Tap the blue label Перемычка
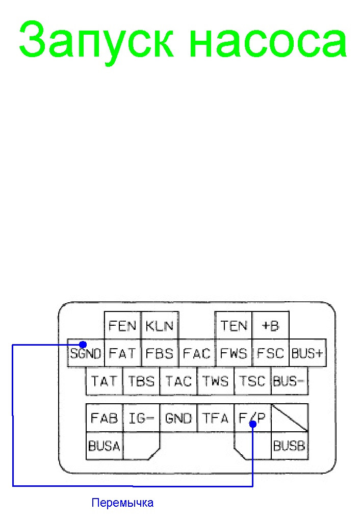(x=122, y=503)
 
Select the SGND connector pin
(x=86, y=353)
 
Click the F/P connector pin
(x=252, y=419)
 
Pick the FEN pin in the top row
(x=122, y=325)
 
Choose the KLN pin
(x=160, y=325)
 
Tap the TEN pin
(x=234, y=325)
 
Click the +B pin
(x=270, y=325)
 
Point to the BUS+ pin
(x=307, y=353)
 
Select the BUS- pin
(x=289, y=381)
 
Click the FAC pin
(x=196, y=353)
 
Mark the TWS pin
(x=215, y=381)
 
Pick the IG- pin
(x=141, y=419)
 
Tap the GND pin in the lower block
(x=178, y=419)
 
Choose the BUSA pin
(x=104, y=446)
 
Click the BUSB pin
(x=289, y=446)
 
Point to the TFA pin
(x=215, y=419)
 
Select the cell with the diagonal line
(x=289, y=418)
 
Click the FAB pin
(x=104, y=419)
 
